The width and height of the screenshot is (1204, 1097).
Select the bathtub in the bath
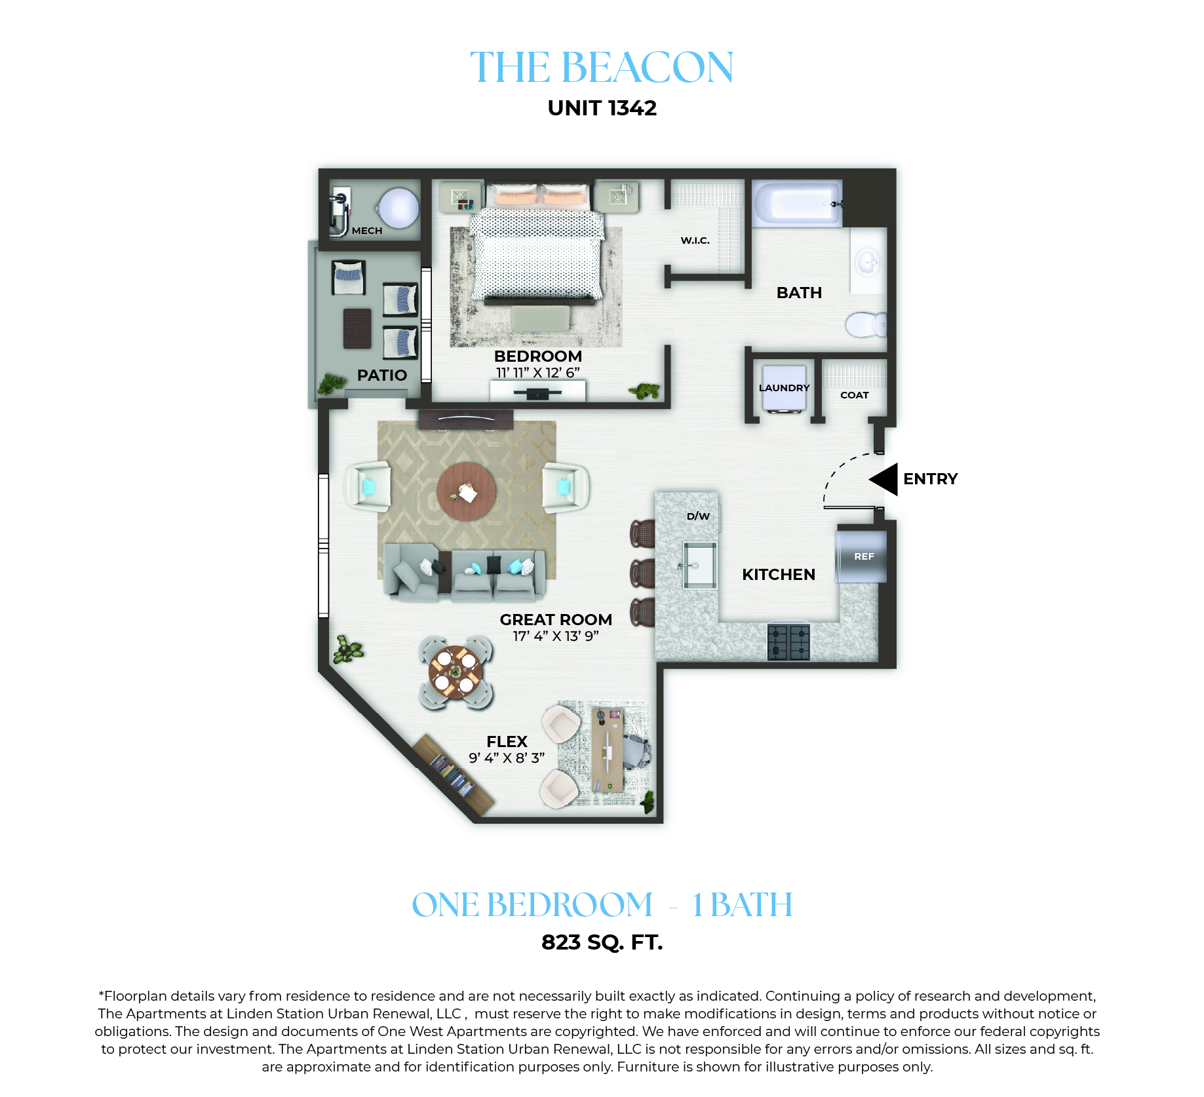coord(797,203)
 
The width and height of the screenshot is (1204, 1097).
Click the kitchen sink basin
coord(700,565)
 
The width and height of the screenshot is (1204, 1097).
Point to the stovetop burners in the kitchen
coord(788,642)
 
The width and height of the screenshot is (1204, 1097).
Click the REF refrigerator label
coord(864,556)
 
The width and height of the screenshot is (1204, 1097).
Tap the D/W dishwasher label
coord(698,516)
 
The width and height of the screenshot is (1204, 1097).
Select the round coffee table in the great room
coord(466,491)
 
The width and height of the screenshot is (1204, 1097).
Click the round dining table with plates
coord(456,672)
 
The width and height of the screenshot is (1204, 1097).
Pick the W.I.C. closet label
coord(695,241)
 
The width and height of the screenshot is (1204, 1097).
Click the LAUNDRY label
coord(784,388)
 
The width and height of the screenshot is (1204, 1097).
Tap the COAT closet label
coord(854,395)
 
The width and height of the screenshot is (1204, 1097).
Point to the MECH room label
coord(367,231)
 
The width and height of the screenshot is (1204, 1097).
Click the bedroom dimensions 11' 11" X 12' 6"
coord(537,373)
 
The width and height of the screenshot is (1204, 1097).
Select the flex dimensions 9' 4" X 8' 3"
coord(507,758)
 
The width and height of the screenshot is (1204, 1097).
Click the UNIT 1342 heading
coord(602,108)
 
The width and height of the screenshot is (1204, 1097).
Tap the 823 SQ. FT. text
coord(602,942)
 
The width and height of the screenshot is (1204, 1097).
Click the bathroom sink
coord(868,263)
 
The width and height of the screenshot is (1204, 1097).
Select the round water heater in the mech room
coord(398,208)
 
